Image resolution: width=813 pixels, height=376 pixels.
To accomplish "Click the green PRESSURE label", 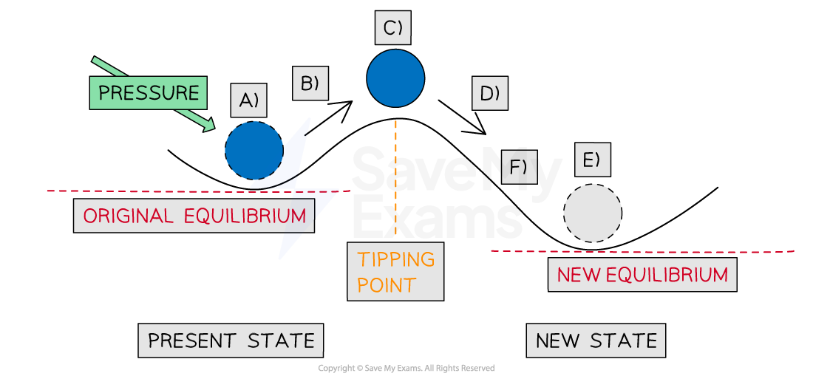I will [148, 93].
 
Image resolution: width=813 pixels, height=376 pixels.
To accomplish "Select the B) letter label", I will [310, 83].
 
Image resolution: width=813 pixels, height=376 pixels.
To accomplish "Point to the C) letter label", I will [392, 29].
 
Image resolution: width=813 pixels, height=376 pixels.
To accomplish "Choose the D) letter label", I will [490, 94].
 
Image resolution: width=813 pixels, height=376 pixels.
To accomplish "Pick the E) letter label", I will [593, 160].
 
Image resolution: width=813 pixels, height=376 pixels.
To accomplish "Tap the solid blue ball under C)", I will [395, 78].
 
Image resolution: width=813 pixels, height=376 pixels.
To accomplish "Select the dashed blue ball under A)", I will [254, 150].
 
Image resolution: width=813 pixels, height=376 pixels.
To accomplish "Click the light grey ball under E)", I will [592, 213].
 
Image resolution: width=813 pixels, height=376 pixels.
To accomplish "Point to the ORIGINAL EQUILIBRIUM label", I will [194, 216].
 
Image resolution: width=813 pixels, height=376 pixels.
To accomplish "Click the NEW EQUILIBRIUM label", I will [642, 275].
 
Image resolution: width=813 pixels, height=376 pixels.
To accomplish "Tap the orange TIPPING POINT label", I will [395, 271].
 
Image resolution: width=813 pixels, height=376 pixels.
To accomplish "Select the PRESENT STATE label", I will [231, 341].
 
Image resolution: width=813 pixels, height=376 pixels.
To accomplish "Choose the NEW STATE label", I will [596, 341].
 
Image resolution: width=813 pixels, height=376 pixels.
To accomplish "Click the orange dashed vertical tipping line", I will [395, 177].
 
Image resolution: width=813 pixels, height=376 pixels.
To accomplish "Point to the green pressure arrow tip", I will [211, 129].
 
